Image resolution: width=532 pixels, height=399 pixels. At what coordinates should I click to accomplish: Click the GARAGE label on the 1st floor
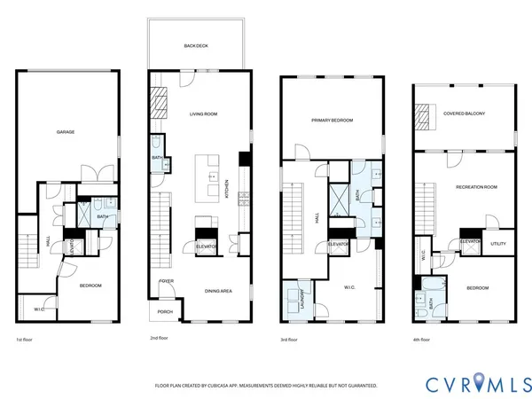[x=66, y=132]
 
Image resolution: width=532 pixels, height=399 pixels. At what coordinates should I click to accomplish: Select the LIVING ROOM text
[x=204, y=114]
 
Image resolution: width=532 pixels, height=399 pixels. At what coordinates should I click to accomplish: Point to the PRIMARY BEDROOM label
[x=332, y=120]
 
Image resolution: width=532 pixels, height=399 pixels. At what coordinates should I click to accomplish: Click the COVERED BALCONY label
[x=465, y=113]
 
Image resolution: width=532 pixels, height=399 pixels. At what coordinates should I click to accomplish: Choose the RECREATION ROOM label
[x=476, y=187]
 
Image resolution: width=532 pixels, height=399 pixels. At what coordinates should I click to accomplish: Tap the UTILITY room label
[x=498, y=243]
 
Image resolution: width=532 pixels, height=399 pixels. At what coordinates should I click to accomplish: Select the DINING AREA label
[x=218, y=291]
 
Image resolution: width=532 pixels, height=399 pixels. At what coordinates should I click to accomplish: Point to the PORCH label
[x=165, y=311]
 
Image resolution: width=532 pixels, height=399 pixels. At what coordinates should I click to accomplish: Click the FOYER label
[x=166, y=281]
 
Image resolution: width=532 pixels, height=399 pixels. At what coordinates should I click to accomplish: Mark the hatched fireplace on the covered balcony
[x=424, y=113]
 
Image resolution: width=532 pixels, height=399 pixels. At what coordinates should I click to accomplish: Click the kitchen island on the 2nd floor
[x=211, y=176]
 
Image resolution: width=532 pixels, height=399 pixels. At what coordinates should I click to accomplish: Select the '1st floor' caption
[x=26, y=339]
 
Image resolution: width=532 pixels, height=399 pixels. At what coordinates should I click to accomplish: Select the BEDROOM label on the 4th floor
[x=477, y=287]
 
